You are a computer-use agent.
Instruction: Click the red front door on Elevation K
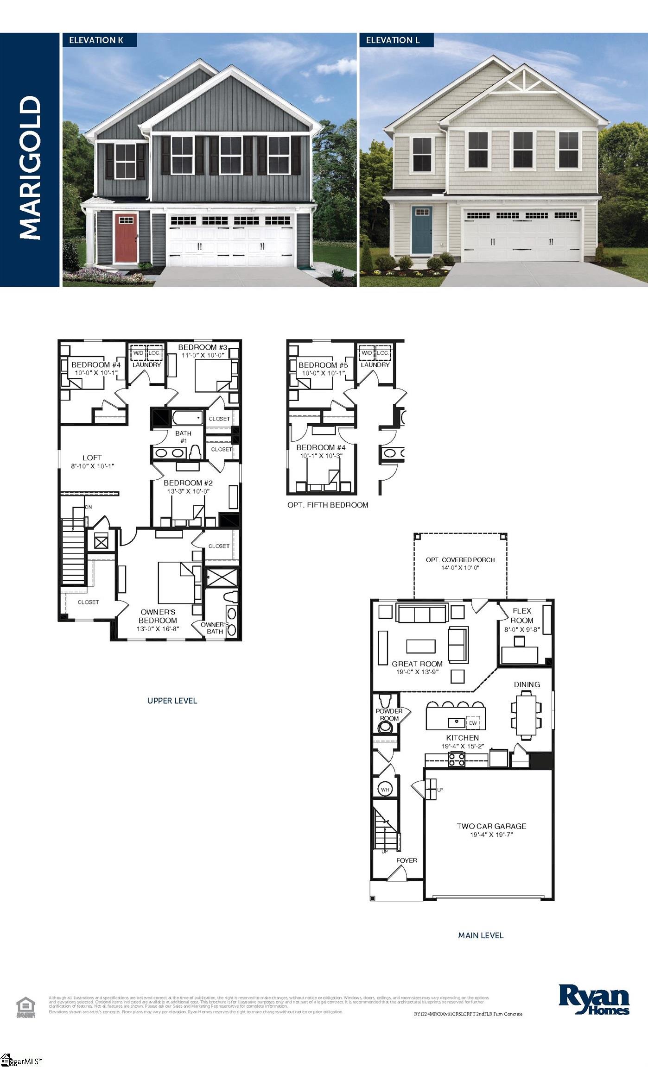pos(126,238)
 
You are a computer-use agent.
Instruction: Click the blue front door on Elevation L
pos(422,230)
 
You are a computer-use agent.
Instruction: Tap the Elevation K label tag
pos(99,40)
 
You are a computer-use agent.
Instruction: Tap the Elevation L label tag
pos(396,40)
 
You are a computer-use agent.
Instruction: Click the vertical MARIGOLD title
pos(30,168)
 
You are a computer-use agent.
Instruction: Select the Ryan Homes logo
pos(594,999)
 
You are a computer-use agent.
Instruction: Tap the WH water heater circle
pos(385,790)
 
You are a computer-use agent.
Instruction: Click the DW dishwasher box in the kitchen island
pos(473,723)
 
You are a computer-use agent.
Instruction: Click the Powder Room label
pos(389,715)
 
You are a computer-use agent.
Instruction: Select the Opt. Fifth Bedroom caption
pos(328,505)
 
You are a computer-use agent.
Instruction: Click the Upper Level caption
pos(172,701)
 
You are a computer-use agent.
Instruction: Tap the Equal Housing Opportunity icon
pos(25,1007)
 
